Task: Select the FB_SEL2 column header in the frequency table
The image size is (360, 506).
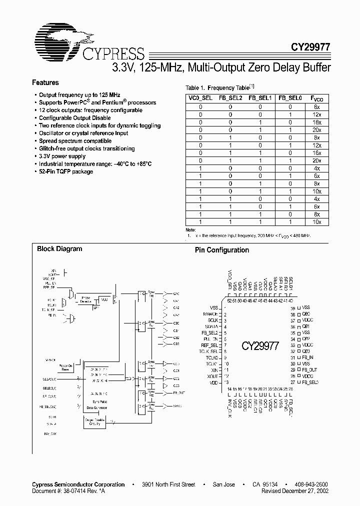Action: pos(230,98)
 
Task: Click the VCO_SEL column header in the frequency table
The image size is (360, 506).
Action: pos(200,98)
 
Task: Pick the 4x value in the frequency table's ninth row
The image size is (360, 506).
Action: pos(317,168)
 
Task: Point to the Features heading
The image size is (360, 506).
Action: pos(45,83)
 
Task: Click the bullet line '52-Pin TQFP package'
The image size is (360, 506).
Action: pos(66,171)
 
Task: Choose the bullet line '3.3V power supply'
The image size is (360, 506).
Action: pos(62,156)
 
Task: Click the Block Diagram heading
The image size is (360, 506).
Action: pos(59,248)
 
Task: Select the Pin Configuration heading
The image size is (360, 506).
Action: pos(221,250)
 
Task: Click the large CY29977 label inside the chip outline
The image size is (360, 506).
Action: pos(260,346)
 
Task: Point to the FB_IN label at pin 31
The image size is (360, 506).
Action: pos(307,357)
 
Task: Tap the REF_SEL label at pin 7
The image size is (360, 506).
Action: pos(209,345)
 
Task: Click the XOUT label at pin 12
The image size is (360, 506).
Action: pos(212,376)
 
